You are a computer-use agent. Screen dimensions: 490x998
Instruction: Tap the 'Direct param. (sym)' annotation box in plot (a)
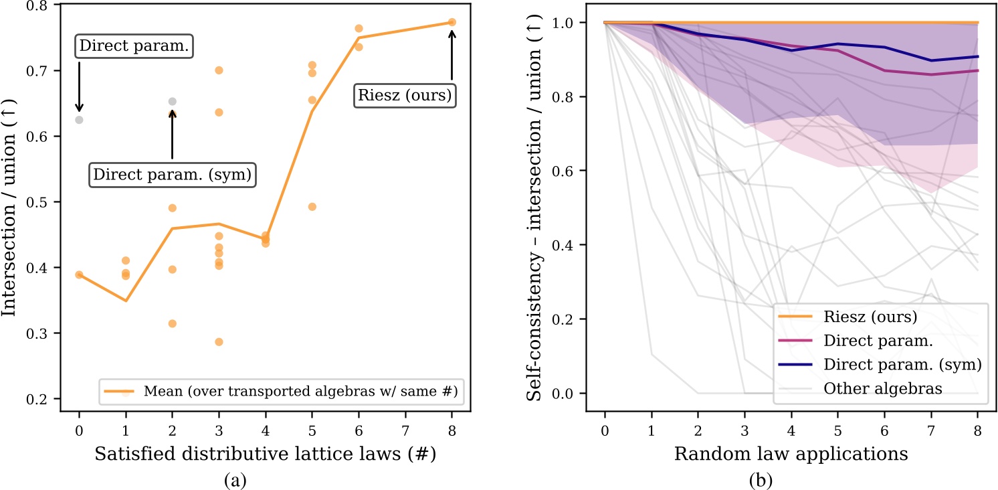point(172,175)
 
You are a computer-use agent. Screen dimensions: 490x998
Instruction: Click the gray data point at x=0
point(79,120)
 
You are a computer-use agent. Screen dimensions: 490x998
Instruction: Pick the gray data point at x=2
point(172,102)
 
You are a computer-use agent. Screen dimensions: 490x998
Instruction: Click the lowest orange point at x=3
point(219,342)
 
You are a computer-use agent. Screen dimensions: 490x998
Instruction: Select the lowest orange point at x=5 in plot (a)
point(312,206)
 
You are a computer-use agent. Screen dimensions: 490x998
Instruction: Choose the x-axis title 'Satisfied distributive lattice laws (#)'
point(266,455)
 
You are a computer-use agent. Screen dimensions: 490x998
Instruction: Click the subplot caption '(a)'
point(266,479)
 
